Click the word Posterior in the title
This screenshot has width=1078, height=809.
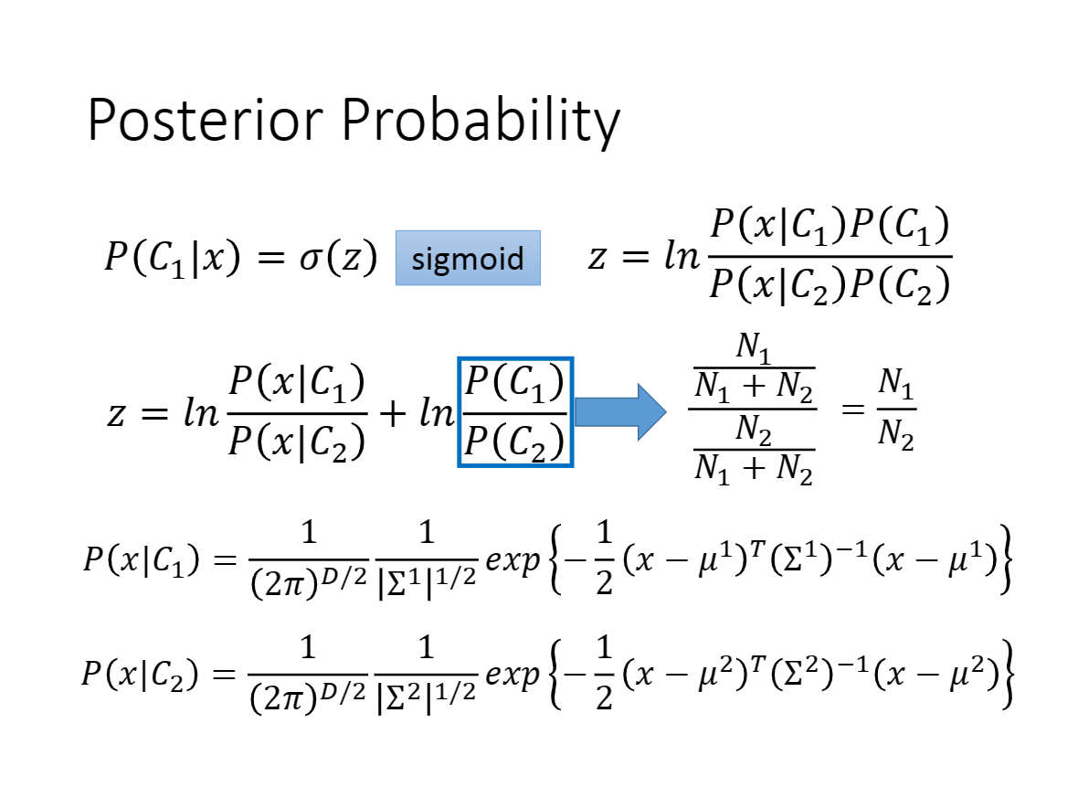tap(205, 120)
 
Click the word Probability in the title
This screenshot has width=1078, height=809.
tap(481, 121)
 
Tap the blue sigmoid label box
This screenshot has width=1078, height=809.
tap(468, 258)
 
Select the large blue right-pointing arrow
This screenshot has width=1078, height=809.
tap(621, 412)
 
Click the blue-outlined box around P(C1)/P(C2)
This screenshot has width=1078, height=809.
tap(459, 412)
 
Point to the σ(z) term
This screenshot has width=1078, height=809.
tap(338, 258)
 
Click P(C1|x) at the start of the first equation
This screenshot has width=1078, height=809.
tap(173, 258)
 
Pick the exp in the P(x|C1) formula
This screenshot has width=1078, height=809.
tap(513, 560)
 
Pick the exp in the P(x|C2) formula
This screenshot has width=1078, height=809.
tap(513, 675)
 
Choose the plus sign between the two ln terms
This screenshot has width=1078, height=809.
tap(393, 413)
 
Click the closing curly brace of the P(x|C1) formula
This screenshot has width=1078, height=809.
tap(1005, 559)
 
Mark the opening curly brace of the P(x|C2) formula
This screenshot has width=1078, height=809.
tap(557, 675)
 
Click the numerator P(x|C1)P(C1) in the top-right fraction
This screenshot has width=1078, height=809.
tap(830, 227)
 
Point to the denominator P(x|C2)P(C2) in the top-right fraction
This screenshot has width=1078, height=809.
tap(830, 284)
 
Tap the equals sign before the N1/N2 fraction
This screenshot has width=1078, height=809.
tap(853, 410)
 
